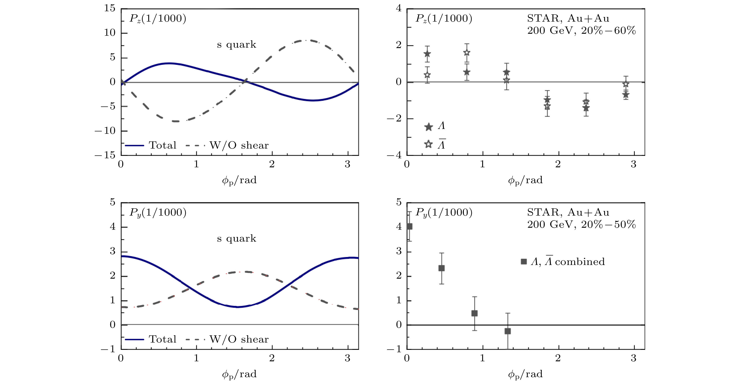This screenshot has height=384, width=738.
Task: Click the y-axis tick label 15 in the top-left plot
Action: point(109,8)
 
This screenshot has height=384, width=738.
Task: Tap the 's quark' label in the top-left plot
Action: point(236,45)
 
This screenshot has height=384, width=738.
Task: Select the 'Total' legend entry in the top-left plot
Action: point(162,145)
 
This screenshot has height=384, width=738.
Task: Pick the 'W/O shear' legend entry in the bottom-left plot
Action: point(239,339)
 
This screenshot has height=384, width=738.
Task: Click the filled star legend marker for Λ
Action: point(429,127)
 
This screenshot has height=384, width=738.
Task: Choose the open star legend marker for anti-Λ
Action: point(429,144)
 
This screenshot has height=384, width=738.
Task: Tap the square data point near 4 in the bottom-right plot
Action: point(409,226)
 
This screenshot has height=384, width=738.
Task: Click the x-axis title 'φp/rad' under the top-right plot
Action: point(525,180)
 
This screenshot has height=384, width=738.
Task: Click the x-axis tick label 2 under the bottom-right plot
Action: point(558,358)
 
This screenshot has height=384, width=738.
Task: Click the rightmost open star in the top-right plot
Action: point(626,84)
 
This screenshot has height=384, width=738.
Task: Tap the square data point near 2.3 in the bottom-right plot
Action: point(442,268)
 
